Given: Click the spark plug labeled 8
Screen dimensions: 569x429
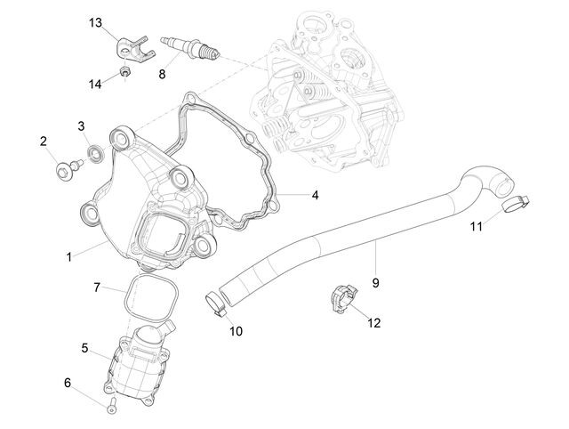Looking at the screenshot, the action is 189,48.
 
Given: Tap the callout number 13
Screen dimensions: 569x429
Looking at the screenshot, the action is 96,23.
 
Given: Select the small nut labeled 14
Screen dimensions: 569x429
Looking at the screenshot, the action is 125,71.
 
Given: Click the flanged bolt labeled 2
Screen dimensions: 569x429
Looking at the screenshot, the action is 69,168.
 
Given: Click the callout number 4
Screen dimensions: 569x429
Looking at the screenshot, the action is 315,195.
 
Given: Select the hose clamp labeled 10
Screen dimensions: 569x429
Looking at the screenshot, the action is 216,303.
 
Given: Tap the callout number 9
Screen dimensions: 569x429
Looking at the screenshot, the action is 375,283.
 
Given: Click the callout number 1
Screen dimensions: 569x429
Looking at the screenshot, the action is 69,257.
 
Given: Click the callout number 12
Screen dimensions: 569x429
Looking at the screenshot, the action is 374,323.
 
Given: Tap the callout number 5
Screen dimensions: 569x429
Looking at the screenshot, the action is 84,348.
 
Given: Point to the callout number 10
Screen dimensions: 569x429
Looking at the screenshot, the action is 236,331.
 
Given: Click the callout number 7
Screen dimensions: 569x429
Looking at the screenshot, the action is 97,287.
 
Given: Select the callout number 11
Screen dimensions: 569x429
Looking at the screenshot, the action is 477,227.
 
